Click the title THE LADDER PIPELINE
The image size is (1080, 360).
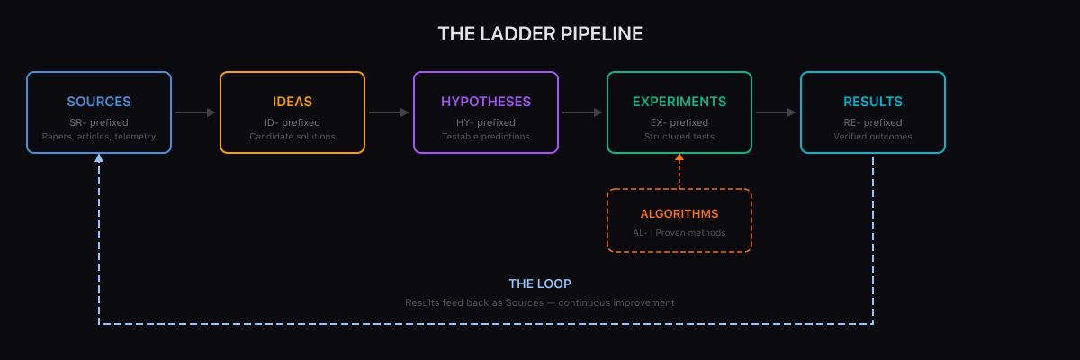click(540, 34)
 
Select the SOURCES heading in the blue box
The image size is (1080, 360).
click(99, 102)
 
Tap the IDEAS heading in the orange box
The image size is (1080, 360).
click(292, 102)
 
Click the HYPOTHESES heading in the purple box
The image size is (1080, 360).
click(486, 102)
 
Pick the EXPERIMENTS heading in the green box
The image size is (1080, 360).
click(679, 102)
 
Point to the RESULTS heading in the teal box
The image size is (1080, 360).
click(873, 102)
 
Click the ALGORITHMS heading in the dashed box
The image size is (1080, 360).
click(679, 214)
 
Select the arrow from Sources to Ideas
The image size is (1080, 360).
click(195, 112)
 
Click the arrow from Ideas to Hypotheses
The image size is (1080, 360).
click(389, 112)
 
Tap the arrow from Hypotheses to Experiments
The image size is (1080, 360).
click(582, 112)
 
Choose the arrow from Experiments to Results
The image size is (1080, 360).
click(776, 112)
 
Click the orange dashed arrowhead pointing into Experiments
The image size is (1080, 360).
click(679, 158)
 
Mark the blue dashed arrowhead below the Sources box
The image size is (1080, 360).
click(99, 158)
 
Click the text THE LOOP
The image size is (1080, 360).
click(540, 283)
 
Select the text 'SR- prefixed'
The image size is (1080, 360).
click(99, 122)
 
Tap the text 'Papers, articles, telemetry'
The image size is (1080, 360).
click(99, 137)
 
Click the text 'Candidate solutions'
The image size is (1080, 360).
click(292, 137)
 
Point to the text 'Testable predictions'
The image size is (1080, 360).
click(486, 137)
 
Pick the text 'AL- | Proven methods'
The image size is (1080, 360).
click(679, 233)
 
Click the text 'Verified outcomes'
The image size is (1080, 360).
click(873, 137)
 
